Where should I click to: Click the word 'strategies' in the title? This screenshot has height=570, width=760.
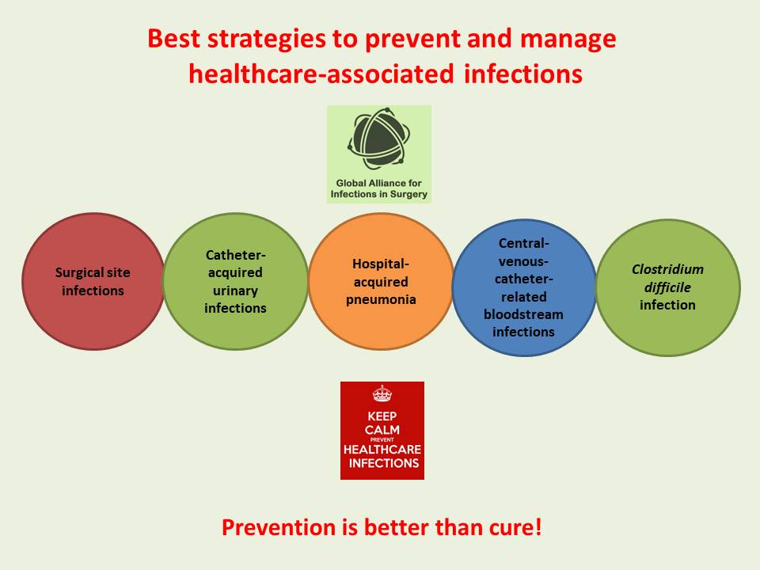click(x=261, y=39)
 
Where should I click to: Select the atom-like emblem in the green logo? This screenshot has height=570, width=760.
click(x=378, y=141)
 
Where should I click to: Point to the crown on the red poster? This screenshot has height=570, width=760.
click(x=382, y=393)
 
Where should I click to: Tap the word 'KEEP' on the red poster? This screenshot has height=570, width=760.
click(x=382, y=416)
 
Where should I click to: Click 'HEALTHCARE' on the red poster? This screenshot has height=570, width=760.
click(x=382, y=450)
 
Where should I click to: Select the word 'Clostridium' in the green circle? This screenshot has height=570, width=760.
click(x=667, y=269)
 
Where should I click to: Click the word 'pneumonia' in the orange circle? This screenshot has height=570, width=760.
click(x=381, y=300)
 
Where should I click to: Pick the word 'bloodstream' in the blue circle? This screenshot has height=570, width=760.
click(x=523, y=314)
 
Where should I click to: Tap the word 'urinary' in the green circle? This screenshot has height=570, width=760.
click(x=235, y=290)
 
